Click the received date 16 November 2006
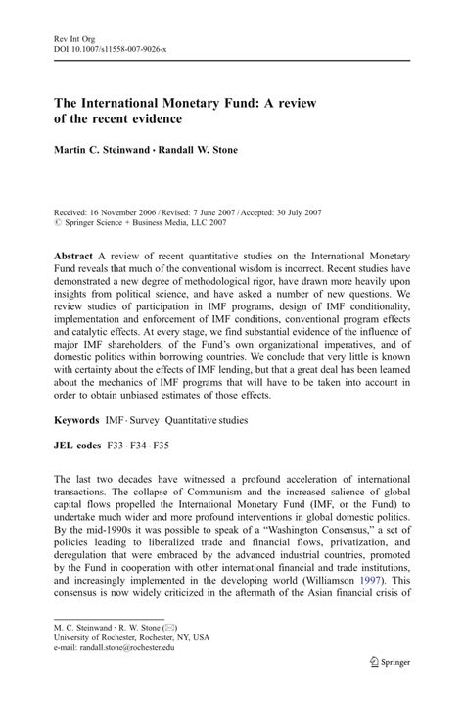click(130, 211)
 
